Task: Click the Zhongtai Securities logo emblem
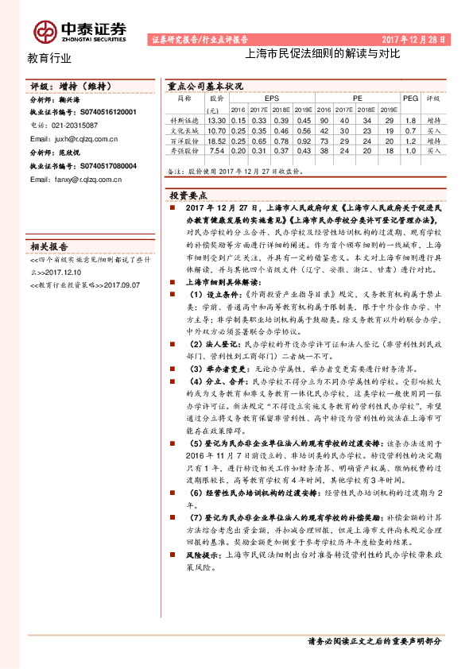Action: pyautogui.click(x=46, y=30)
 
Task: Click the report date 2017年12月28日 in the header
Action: pyautogui.click(x=415, y=38)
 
